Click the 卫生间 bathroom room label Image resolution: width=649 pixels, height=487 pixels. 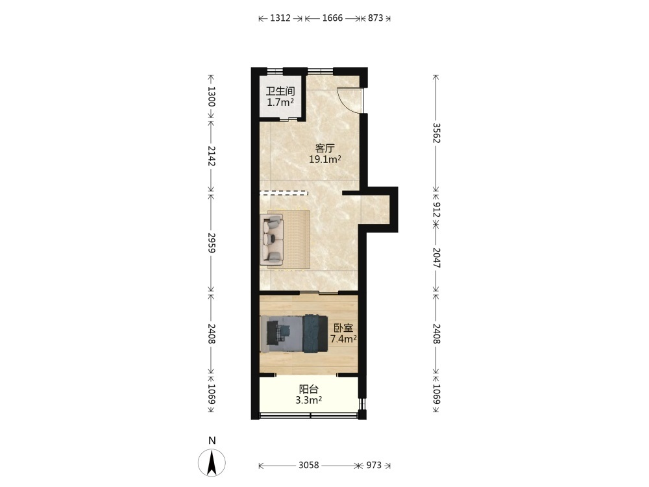(x=280, y=91)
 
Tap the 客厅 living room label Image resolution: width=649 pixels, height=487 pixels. (x=325, y=148)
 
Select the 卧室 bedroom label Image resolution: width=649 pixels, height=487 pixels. (x=343, y=329)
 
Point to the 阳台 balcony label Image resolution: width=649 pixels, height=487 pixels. (x=309, y=389)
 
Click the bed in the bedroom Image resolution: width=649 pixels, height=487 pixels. (x=294, y=334)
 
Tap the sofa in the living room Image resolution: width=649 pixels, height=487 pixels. (x=272, y=239)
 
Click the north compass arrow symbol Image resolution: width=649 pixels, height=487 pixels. (x=212, y=462)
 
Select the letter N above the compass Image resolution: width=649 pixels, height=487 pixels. (x=212, y=441)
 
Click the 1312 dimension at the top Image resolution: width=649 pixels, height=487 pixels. (x=280, y=18)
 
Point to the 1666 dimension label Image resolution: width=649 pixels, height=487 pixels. (x=332, y=18)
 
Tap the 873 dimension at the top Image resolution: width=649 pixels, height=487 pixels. (x=375, y=18)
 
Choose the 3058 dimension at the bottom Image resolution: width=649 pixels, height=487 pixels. (x=309, y=466)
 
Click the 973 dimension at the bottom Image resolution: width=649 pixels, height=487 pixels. (x=374, y=466)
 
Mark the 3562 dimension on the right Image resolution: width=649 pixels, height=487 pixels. (x=436, y=132)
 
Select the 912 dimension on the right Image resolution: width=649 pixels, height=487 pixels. (x=436, y=210)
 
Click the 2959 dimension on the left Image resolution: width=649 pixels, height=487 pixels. (x=212, y=243)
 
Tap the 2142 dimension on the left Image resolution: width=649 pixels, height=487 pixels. (x=212, y=156)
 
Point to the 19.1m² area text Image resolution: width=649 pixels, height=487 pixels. (x=325, y=159)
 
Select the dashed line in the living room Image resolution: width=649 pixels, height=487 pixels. (x=284, y=193)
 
